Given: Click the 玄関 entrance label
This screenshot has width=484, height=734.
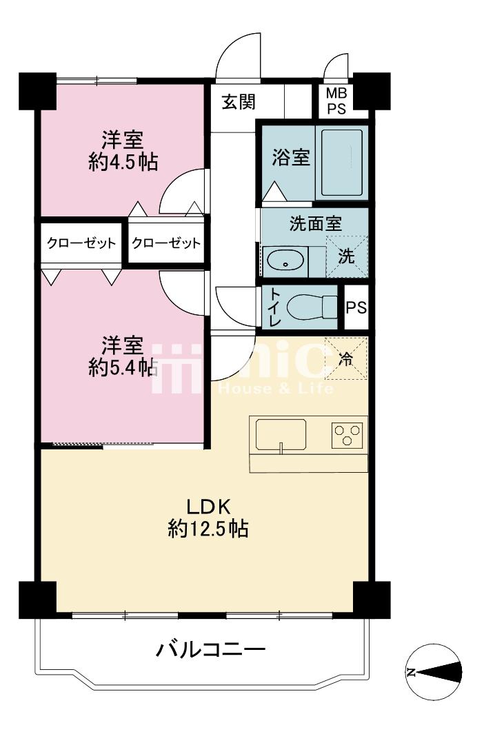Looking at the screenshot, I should click(x=239, y=103).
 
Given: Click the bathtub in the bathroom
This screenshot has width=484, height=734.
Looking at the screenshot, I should click(x=343, y=163).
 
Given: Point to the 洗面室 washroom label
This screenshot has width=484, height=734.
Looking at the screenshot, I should click(x=315, y=223).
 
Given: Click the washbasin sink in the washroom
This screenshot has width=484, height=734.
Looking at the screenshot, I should click(x=284, y=262).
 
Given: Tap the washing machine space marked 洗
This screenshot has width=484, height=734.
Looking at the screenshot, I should click(x=347, y=256).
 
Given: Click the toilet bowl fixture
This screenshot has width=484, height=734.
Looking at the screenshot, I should click(x=310, y=307).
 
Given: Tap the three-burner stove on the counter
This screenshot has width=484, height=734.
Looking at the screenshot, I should click(x=347, y=435).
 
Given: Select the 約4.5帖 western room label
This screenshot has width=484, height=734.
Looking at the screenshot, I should click(x=123, y=151).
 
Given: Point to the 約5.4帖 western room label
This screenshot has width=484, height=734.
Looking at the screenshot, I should click(x=122, y=356).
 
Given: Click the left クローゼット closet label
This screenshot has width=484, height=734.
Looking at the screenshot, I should click(x=81, y=243).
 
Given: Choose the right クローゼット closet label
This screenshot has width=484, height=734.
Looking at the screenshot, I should click(x=166, y=243).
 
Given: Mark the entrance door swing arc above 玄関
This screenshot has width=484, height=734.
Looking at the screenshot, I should click(x=239, y=55).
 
